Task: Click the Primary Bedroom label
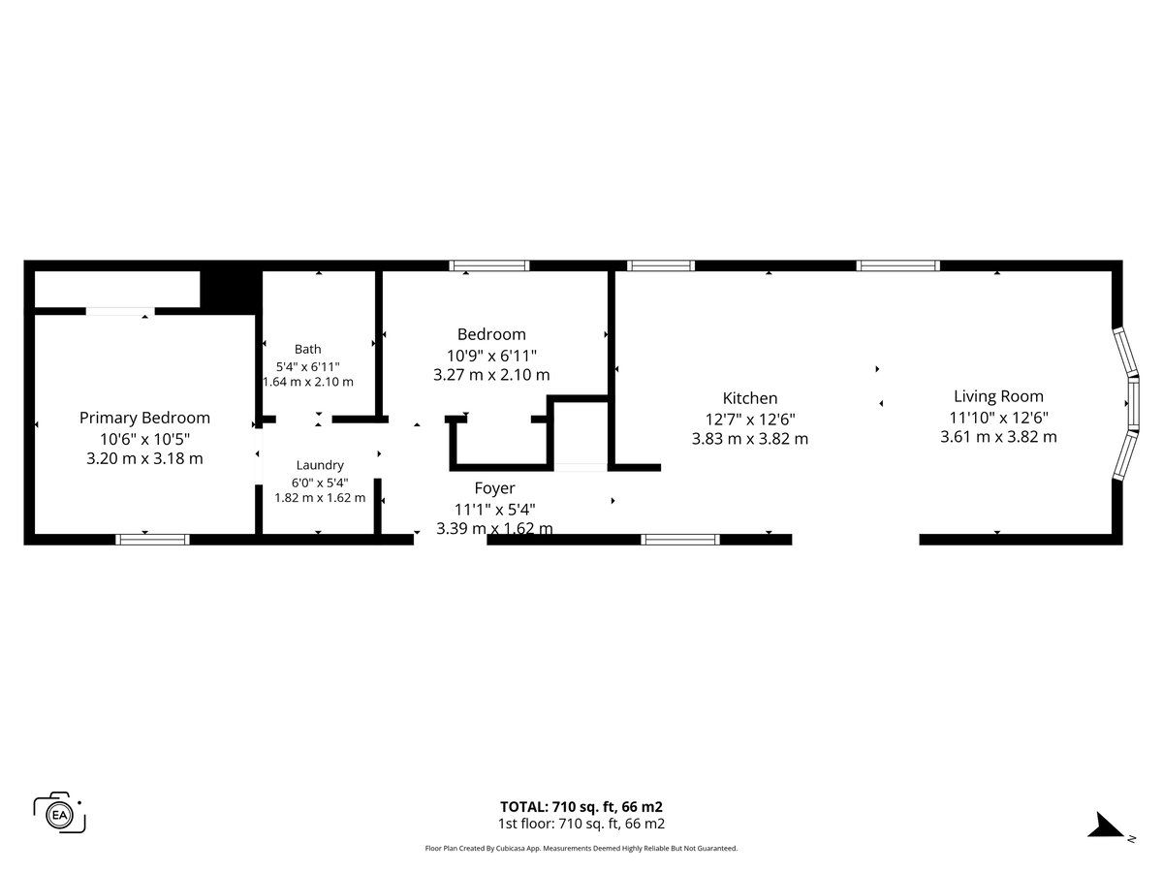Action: (144, 418)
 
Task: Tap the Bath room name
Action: (308, 349)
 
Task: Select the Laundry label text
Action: (320, 465)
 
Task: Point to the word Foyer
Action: (494, 488)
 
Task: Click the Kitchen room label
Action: (750, 398)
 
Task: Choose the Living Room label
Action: (998, 396)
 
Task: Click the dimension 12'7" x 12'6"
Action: (750, 420)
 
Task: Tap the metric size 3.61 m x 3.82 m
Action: (998, 437)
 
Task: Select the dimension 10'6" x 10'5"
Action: (144, 439)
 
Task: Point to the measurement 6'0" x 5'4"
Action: (320, 483)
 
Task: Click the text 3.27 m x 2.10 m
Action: (491, 375)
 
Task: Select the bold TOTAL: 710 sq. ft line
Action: (581, 807)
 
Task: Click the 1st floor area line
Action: (581, 824)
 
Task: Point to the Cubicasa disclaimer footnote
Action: (581, 848)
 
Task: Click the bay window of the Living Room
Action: (1128, 403)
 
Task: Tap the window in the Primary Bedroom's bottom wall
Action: (152, 540)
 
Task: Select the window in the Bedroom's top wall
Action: (489, 265)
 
